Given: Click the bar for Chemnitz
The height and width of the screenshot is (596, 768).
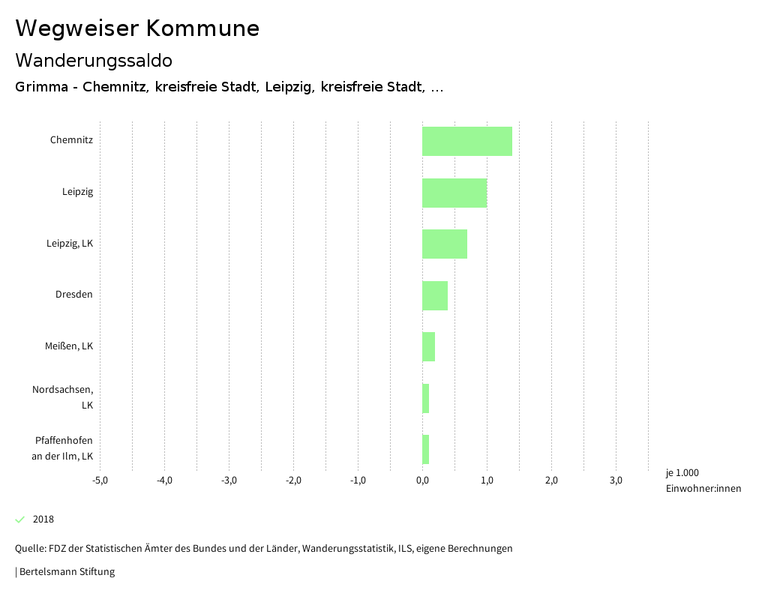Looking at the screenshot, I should (466, 141).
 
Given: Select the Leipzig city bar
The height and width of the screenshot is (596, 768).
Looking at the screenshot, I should (454, 193).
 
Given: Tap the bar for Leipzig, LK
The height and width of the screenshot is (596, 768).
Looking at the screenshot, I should (444, 244).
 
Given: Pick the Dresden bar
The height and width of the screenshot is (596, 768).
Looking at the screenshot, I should (434, 295).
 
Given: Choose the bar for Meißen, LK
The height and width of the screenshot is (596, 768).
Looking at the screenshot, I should (428, 346).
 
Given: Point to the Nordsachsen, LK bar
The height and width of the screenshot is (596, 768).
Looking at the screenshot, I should (425, 398).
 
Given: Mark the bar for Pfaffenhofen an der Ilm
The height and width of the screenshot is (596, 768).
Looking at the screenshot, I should (425, 449).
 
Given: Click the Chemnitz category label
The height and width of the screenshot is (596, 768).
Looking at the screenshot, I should (71, 140).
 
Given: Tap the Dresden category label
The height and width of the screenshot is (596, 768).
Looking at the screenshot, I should (73, 295).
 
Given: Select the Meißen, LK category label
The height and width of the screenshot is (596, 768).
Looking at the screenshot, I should (69, 346).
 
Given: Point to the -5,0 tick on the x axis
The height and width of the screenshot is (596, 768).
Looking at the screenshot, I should (100, 481).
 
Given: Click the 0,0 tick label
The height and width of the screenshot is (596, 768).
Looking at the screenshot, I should (422, 481).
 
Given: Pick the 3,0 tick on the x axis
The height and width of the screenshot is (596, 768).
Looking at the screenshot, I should (616, 481).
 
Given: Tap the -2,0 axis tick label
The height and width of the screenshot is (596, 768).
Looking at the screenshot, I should (293, 481).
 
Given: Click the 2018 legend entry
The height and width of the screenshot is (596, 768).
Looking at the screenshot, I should (43, 520).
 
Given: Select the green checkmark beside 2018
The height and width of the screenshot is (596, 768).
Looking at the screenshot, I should (20, 520).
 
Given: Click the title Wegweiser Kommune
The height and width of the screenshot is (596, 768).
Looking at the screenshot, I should (137, 28).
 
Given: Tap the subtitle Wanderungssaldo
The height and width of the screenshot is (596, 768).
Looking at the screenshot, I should (94, 60).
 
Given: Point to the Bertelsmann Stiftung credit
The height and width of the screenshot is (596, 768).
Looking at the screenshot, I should (66, 572).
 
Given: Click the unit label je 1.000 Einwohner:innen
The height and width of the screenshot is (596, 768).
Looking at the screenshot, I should (702, 481).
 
